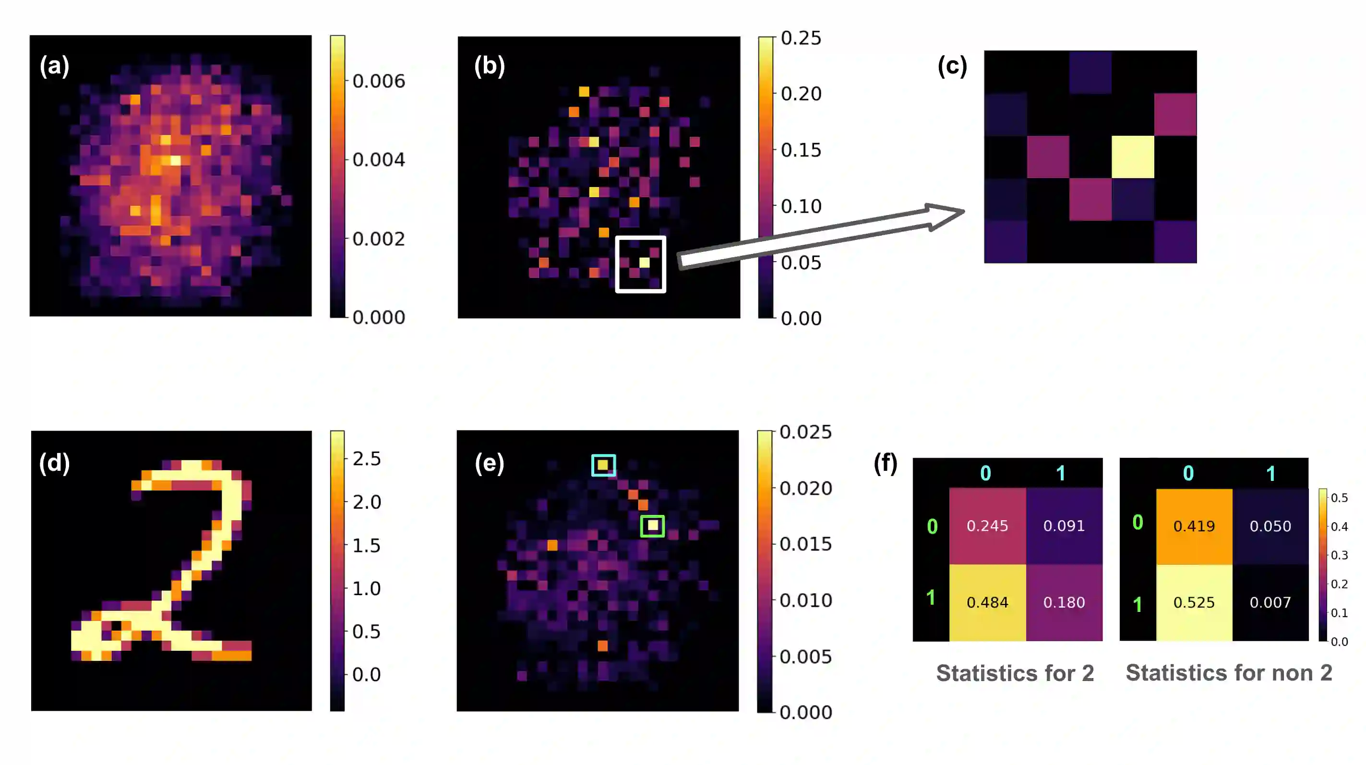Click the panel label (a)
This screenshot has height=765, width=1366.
(54, 66)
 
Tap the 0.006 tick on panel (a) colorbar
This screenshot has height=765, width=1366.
(378, 81)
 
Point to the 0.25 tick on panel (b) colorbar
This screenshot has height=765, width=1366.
(801, 38)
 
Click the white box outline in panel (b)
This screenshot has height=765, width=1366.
(641, 238)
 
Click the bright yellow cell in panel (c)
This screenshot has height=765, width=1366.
(1133, 157)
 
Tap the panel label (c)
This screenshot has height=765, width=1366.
(952, 66)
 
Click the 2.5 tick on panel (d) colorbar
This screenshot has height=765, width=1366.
(366, 459)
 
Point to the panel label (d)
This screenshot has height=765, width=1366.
(54, 463)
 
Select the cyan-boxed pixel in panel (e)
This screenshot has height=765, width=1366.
(603, 465)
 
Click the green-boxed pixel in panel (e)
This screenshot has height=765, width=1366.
(652, 526)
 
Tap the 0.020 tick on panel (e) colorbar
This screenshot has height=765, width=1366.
(805, 488)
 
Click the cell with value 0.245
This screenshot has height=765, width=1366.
(987, 526)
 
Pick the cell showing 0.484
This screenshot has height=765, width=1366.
(987, 602)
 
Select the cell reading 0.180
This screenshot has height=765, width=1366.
(1064, 602)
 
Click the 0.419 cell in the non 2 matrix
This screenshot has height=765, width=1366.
(1194, 526)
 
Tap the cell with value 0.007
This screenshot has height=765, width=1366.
(1270, 602)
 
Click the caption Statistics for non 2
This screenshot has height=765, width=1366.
(1229, 673)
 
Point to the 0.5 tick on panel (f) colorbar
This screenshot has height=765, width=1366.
(1339, 498)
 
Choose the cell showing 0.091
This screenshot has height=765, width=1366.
(1064, 526)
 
